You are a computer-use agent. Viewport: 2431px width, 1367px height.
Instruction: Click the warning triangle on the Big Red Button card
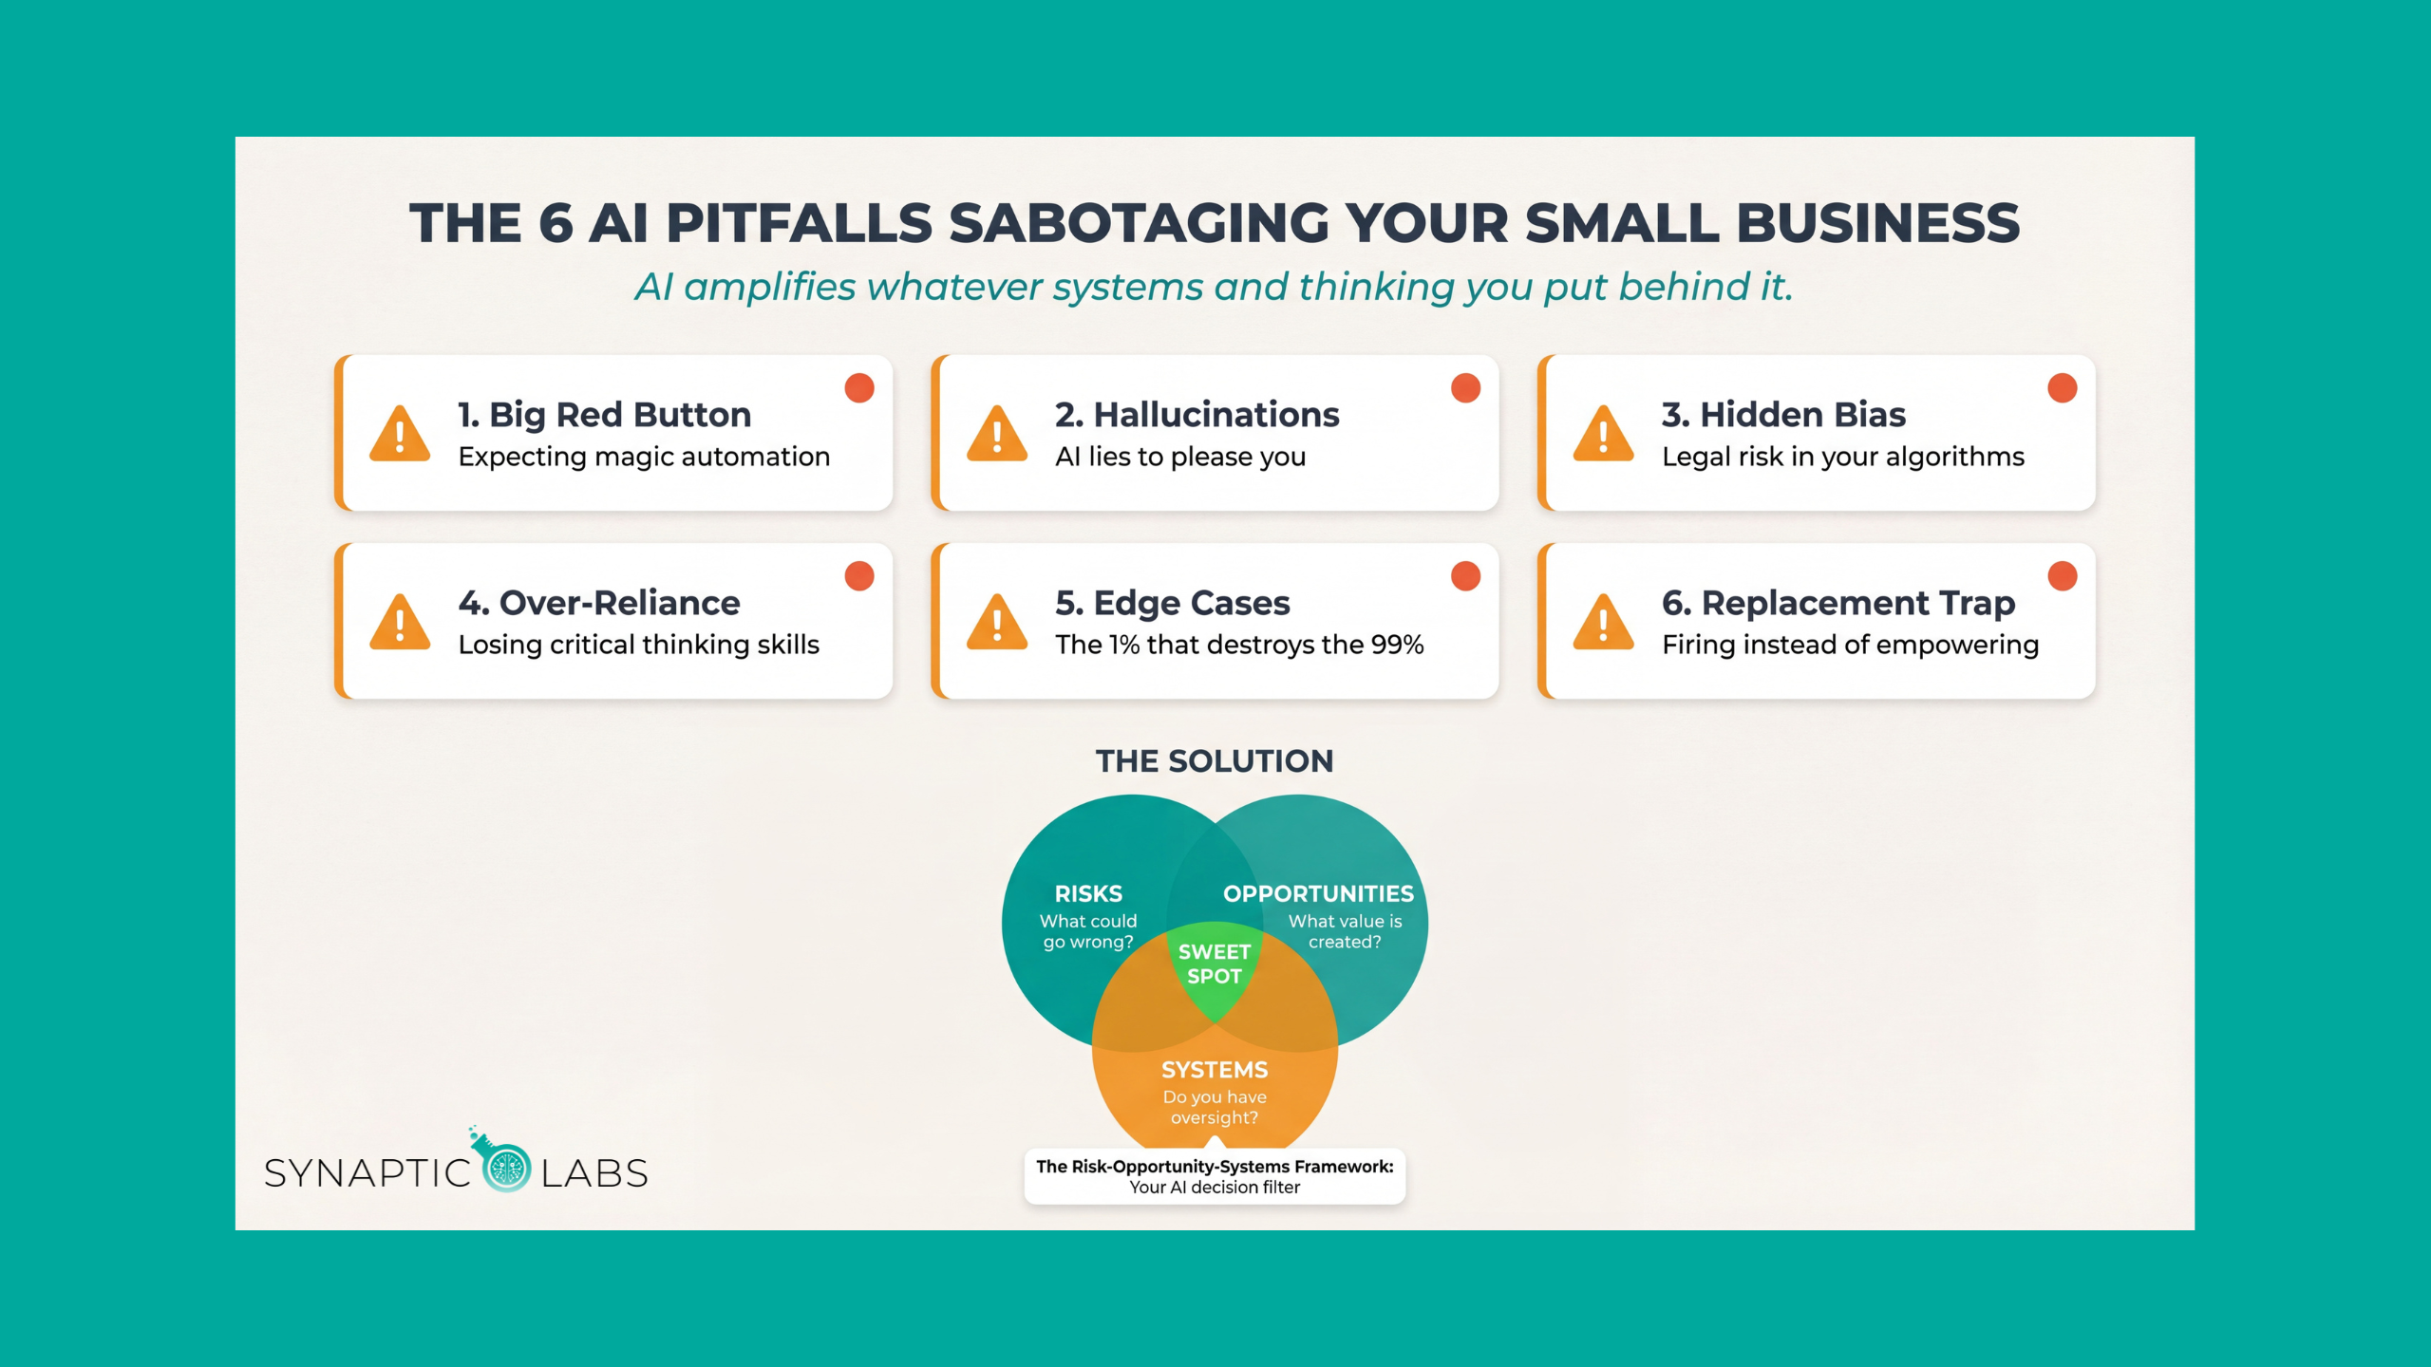[400, 435]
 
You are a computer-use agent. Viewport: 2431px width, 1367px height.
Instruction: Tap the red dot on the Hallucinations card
[1465, 388]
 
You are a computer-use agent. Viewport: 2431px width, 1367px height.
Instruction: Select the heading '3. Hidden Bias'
[1783, 415]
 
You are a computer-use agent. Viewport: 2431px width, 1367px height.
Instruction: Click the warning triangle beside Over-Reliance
[400, 623]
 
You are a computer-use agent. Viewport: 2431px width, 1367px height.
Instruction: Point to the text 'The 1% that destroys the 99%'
[1239, 646]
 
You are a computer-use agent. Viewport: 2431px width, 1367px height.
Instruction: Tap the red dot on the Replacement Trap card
[2062, 576]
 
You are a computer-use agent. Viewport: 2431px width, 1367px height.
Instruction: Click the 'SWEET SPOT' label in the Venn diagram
[1215, 964]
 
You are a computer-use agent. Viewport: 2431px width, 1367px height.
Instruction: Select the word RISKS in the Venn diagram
[1088, 894]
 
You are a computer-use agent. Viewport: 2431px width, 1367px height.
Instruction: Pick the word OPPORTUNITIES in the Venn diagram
[1318, 894]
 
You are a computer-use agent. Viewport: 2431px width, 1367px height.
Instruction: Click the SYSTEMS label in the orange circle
[1215, 1070]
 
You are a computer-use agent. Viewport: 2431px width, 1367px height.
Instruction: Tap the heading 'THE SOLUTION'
[1215, 761]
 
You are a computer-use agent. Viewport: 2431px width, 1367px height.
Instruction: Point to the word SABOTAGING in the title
[1138, 224]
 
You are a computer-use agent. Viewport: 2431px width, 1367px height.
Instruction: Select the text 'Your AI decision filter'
[1215, 1188]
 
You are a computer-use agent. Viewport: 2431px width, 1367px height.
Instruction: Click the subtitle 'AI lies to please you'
[1180, 458]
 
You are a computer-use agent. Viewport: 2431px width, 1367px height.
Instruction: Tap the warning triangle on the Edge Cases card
[996, 623]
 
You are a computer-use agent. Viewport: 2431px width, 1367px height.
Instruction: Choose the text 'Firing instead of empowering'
[1850, 646]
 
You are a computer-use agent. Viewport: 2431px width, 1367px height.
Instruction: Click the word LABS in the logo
[594, 1174]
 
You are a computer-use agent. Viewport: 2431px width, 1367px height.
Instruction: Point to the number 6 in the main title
[556, 224]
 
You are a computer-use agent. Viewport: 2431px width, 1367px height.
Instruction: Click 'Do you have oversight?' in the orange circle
[1215, 1108]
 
